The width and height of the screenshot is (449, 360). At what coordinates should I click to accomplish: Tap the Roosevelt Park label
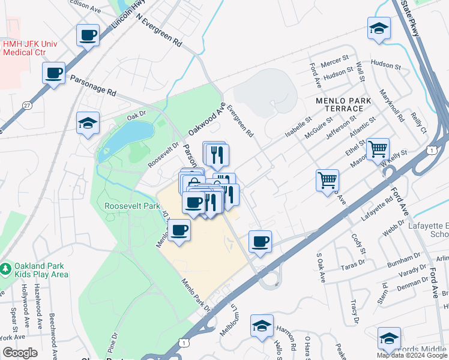click(132, 206)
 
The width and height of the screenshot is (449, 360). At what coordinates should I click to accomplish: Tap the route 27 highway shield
click(27, 106)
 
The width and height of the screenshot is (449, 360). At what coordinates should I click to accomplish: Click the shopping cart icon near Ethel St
click(378, 149)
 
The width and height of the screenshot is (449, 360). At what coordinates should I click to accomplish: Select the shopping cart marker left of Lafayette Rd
click(327, 180)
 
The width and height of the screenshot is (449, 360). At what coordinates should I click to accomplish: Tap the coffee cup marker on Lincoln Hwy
click(88, 35)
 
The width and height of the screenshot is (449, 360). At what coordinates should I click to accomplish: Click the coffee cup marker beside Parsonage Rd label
click(54, 73)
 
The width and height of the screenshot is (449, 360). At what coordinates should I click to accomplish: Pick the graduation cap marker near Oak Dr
click(88, 124)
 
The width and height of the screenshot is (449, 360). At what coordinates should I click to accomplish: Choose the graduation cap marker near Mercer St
click(379, 28)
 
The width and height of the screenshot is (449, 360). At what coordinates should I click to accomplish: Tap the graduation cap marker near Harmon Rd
click(262, 326)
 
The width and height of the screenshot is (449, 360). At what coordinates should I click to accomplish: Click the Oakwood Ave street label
click(206, 118)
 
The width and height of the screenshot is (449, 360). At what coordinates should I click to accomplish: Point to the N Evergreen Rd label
click(159, 32)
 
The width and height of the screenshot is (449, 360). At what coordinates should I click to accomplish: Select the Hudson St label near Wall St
click(385, 64)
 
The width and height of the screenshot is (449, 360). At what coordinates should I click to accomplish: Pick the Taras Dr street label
click(353, 264)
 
